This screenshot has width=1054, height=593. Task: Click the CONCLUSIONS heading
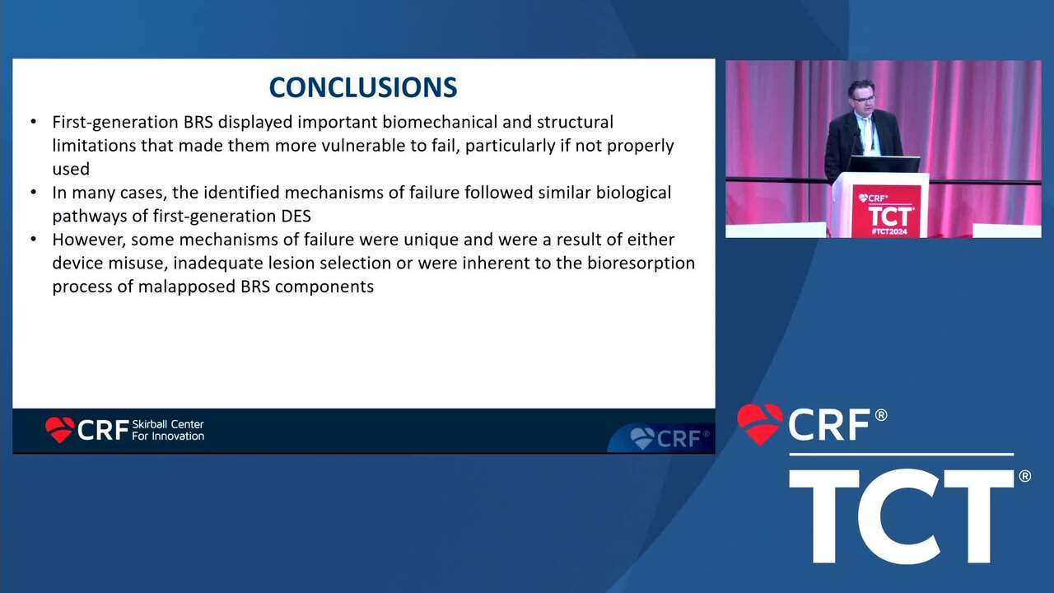[x=363, y=87]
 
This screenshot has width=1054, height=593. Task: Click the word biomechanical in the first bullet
[x=440, y=122]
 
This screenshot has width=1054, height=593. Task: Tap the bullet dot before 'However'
[x=34, y=240]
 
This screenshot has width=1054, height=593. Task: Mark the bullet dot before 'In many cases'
[x=34, y=193]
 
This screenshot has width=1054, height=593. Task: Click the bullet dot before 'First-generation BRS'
[x=34, y=122]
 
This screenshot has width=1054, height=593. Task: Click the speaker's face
[x=862, y=97]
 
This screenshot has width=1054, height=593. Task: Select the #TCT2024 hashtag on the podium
[x=889, y=231]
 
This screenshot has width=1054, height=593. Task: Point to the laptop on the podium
[x=884, y=164]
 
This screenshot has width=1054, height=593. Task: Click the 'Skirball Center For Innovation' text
[x=168, y=430]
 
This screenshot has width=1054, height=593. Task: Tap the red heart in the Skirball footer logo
[x=60, y=429]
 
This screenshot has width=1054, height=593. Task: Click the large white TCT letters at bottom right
[x=901, y=516]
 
